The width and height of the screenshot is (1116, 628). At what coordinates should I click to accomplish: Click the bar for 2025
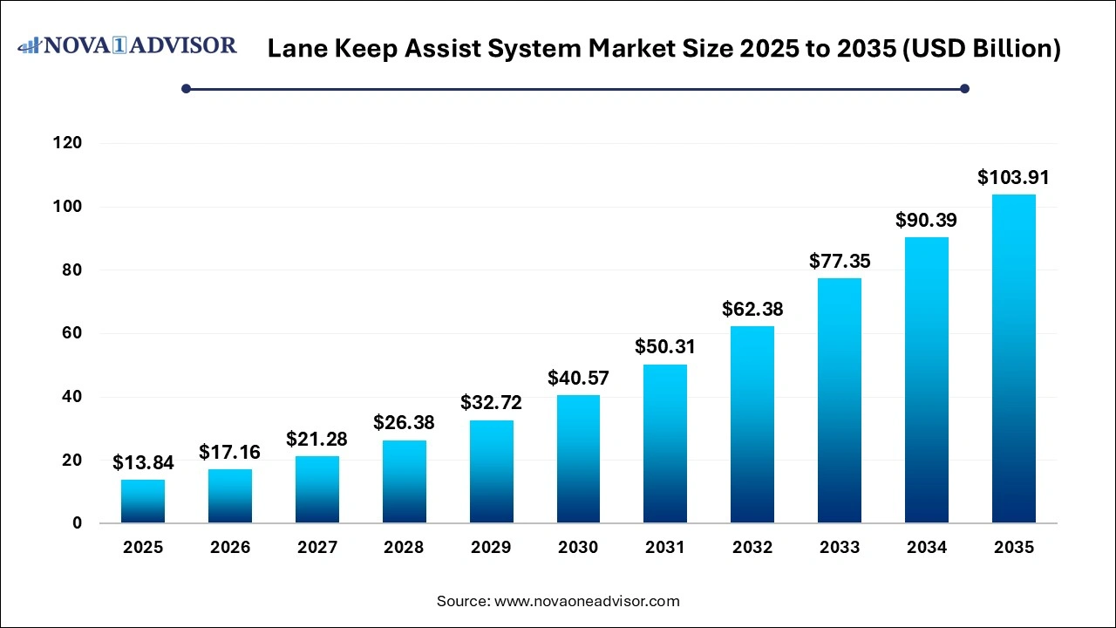tap(143, 502)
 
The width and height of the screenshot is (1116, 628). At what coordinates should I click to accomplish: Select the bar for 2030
tap(578, 459)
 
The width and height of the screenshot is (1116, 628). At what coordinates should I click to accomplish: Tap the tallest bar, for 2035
tap(1013, 358)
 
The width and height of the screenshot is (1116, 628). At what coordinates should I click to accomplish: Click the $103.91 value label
tap(1013, 178)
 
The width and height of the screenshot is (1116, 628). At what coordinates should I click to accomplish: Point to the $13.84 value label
tap(143, 463)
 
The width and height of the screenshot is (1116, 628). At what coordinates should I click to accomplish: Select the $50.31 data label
tap(665, 347)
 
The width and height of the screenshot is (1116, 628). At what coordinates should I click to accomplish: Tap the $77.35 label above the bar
tap(840, 261)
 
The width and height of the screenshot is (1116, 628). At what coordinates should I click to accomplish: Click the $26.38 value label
tap(404, 423)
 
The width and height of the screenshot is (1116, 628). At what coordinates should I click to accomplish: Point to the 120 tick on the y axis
tap(68, 143)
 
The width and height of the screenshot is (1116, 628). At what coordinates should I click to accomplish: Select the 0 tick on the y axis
tap(78, 523)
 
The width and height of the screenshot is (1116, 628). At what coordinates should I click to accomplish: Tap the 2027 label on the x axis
tap(316, 548)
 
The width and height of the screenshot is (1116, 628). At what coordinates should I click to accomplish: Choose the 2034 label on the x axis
tap(926, 548)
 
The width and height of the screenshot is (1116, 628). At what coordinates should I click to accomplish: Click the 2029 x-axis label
tap(491, 548)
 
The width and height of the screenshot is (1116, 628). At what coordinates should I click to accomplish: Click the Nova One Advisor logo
tap(127, 45)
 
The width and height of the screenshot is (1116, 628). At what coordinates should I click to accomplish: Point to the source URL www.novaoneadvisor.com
tap(587, 601)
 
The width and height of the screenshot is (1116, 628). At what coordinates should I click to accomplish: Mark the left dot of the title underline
tap(186, 88)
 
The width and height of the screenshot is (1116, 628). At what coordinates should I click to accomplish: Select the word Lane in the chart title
tap(295, 50)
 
